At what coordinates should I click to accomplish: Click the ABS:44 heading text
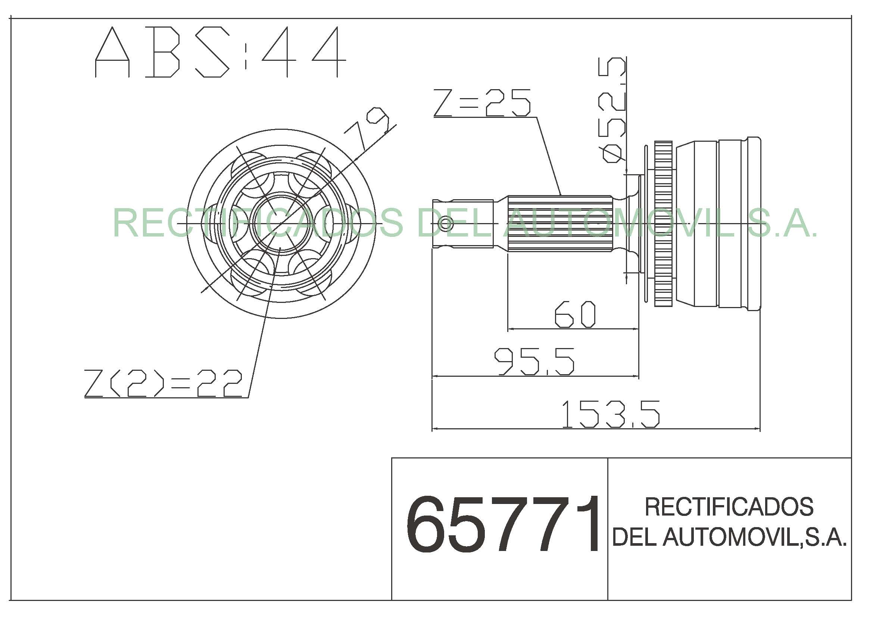[x=220, y=52]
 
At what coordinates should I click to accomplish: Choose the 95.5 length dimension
[x=534, y=361]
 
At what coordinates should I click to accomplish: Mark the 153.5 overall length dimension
[x=611, y=414]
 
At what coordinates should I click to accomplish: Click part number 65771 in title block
[x=503, y=524]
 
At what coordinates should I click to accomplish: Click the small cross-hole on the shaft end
[x=446, y=223]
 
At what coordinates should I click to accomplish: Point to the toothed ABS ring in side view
[x=663, y=224]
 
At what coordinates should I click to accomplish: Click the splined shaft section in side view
[x=560, y=224]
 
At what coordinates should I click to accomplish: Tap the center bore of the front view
[x=280, y=223]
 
